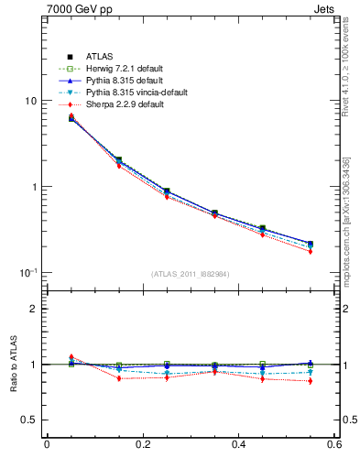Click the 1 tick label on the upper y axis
(34, 187)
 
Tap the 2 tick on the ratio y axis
(34, 309)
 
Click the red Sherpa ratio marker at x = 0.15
(119, 378)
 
